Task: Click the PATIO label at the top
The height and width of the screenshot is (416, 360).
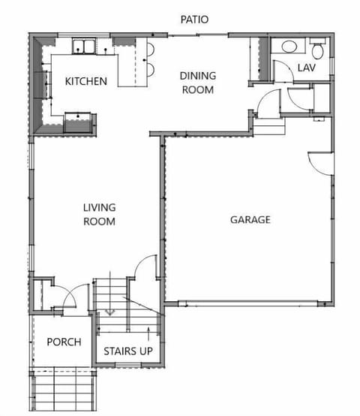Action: tap(195, 19)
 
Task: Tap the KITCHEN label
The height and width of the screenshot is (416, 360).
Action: tap(85, 81)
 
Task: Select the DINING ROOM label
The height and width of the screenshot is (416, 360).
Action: tap(198, 83)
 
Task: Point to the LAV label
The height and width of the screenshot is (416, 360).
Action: tap(306, 68)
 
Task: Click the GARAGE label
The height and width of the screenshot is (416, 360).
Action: tap(250, 220)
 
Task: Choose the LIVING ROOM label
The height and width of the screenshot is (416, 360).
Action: tap(98, 214)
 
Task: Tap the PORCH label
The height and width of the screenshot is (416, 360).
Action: tap(64, 342)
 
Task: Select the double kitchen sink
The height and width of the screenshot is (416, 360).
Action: tap(83, 48)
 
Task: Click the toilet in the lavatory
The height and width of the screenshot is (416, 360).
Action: tap(317, 51)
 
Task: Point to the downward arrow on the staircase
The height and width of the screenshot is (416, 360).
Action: tap(109, 310)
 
